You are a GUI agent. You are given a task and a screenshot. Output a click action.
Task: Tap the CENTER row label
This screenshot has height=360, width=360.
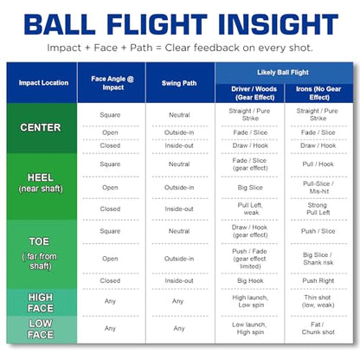pyautogui.click(x=41, y=127)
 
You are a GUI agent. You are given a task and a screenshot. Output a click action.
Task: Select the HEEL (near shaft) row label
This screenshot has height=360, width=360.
pyautogui.click(x=41, y=183)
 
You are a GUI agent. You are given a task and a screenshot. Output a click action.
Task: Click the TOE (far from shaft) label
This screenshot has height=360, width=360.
pyautogui.click(x=40, y=254)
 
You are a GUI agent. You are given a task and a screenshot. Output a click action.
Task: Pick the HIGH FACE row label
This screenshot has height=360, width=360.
pyautogui.click(x=41, y=303)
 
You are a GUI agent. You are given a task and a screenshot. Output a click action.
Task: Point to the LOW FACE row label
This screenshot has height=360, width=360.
pyautogui.click(x=41, y=329)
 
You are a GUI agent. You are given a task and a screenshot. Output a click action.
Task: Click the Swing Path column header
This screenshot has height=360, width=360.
pyautogui.click(x=179, y=83)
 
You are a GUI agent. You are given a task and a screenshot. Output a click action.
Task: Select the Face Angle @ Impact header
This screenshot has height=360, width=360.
pyautogui.click(x=112, y=83)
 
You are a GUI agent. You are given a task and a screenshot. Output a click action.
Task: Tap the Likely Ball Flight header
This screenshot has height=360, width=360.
pyautogui.click(x=283, y=73)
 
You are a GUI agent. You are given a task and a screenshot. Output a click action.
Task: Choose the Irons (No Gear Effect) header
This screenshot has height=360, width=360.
pyautogui.click(x=318, y=93)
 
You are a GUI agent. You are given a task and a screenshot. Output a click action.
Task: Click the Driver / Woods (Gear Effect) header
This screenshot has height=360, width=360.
pyautogui.click(x=254, y=93)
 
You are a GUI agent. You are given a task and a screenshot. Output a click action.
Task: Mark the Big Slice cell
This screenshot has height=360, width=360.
pyautogui.click(x=250, y=188)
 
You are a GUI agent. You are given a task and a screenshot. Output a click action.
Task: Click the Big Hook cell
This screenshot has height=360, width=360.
pyautogui.click(x=250, y=280)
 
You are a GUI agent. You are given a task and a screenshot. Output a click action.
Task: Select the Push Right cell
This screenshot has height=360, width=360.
pyautogui.click(x=318, y=280)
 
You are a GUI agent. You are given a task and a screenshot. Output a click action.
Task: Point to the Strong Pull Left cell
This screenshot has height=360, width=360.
pyautogui.click(x=318, y=209)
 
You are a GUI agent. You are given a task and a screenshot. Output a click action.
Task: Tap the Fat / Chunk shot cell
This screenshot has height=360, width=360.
pyautogui.click(x=318, y=328)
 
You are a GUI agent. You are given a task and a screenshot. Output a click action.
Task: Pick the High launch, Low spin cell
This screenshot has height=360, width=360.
pyautogui.click(x=250, y=301)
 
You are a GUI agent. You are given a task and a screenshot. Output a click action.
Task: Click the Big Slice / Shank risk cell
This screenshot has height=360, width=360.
pyautogui.click(x=318, y=259)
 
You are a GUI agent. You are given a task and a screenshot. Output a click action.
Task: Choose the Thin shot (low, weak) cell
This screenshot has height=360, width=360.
pyautogui.click(x=318, y=301)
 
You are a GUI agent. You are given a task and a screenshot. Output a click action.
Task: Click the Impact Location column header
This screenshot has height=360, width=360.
pyautogui.click(x=43, y=83)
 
